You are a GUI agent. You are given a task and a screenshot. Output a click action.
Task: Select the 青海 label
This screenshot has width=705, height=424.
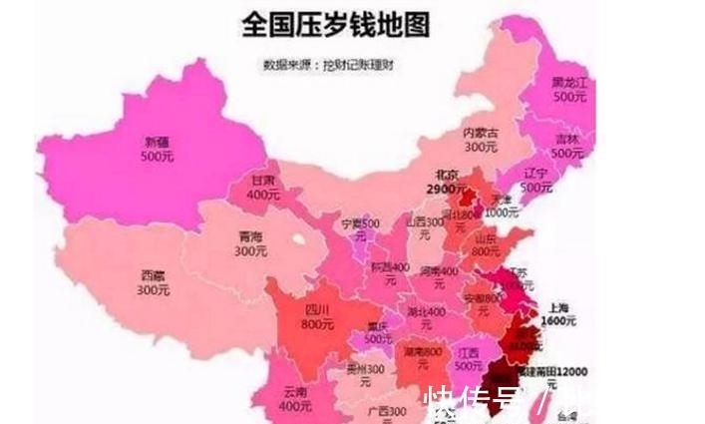click(x=223, y=236)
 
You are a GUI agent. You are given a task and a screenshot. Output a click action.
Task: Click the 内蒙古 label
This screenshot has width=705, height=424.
click(x=482, y=134)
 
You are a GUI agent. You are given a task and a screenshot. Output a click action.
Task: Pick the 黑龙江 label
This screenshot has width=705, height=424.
click(x=569, y=83)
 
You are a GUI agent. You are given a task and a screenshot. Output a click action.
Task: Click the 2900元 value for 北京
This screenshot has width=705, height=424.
click(x=443, y=190)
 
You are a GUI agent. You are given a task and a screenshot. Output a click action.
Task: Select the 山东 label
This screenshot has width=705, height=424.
click(x=485, y=238)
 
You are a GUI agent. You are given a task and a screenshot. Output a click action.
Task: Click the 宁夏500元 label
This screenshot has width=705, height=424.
click(x=361, y=222)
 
